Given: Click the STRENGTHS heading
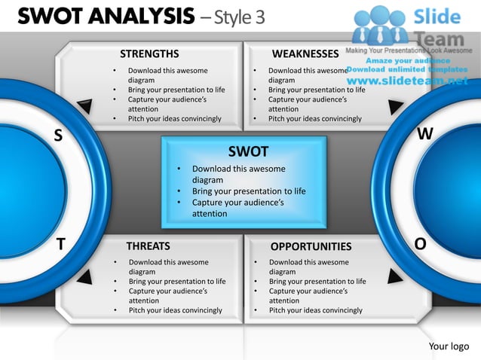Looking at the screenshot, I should (149, 53).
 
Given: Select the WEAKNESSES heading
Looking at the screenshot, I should (305, 53).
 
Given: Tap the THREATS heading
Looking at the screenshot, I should (148, 246).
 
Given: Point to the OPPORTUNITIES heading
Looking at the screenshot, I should (311, 246).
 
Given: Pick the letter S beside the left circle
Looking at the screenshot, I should (58, 135).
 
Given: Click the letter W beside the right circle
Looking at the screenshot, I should (425, 134).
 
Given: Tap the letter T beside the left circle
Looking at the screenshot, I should (60, 243).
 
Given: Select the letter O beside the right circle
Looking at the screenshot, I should (420, 243).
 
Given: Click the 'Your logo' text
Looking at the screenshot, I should (449, 346).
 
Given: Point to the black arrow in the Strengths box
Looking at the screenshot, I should (85, 108).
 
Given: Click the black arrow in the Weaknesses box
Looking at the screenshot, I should (395, 108).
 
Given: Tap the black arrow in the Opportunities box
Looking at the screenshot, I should (395, 276).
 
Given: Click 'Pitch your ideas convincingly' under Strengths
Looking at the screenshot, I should (175, 118).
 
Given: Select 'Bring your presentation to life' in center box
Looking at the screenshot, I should (249, 191).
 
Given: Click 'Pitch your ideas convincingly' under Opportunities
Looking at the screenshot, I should (315, 310).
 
